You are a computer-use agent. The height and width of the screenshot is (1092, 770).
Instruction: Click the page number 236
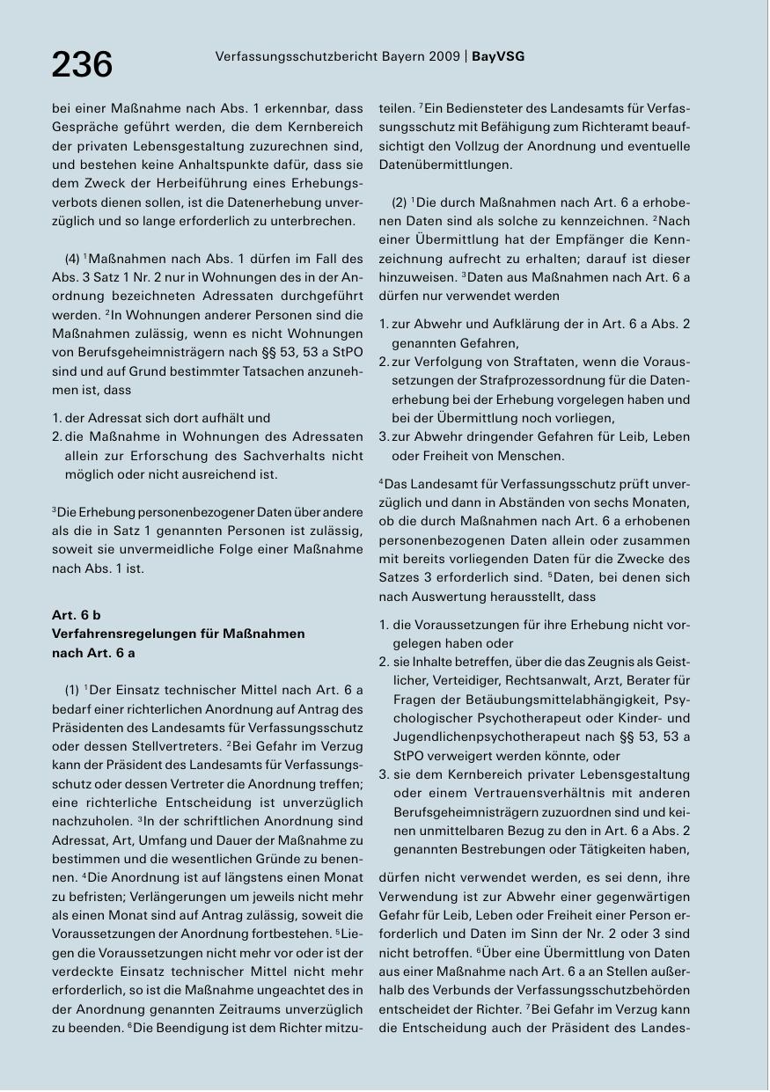(x=83, y=64)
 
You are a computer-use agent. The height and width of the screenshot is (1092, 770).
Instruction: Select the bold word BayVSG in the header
(x=498, y=56)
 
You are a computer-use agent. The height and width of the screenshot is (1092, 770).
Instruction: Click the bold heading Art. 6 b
(x=77, y=615)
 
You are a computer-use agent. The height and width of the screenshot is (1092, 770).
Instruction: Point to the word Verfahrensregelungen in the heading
(x=121, y=634)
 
